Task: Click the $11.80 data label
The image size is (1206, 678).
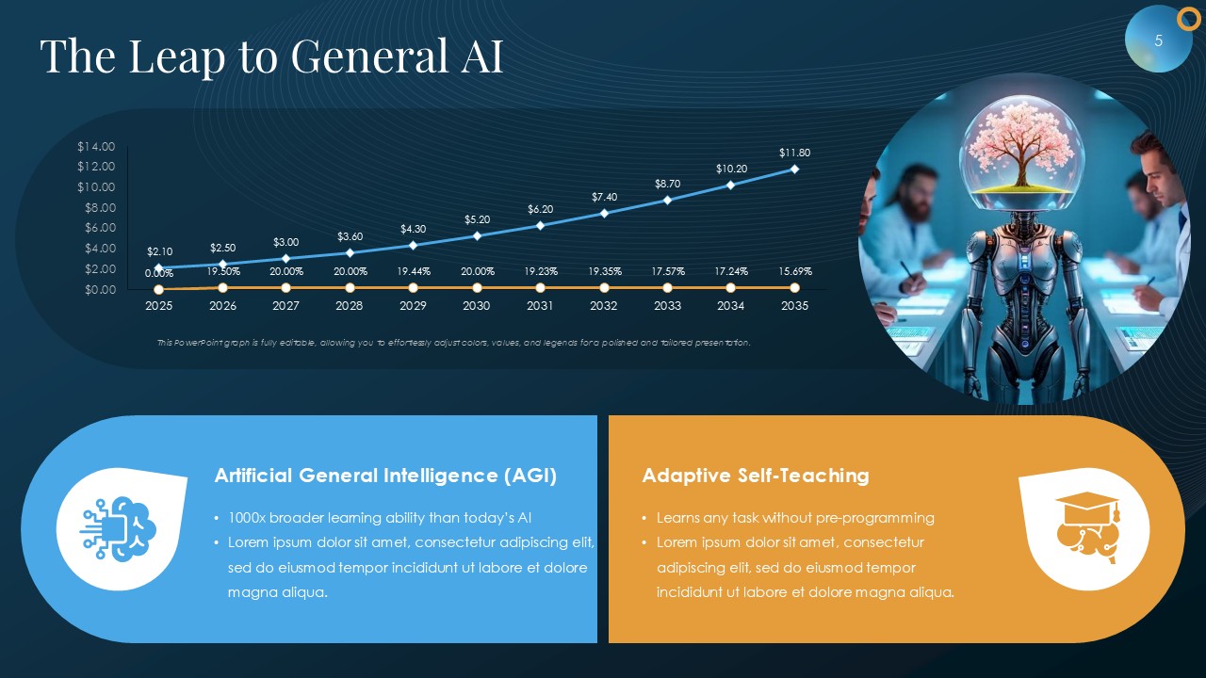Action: [794, 153]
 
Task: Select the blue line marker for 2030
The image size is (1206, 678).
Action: [477, 235]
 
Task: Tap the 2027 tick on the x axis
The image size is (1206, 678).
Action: [285, 306]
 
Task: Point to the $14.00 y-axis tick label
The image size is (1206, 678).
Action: [96, 146]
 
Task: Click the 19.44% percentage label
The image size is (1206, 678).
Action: [414, 271]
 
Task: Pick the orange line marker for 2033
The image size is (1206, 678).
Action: [668, 288]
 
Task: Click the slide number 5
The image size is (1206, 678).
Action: [1159, 40]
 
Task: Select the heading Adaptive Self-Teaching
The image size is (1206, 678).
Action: [756, 476]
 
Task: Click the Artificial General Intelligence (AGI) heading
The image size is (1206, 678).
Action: [385, 476]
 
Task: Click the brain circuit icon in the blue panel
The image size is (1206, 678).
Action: [119, 529]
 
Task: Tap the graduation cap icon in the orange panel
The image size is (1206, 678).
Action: [1087, 527]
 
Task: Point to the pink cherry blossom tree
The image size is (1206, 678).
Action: [1020, 146]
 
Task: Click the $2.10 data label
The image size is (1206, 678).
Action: [160, 251]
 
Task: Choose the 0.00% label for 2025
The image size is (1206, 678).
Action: [159, 273]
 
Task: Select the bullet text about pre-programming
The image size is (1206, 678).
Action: [795, 518]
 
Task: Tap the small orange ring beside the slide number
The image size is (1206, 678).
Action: [1188, 20]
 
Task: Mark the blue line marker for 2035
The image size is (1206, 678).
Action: [794, 169]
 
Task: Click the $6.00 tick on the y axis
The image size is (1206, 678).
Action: [100, 228]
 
